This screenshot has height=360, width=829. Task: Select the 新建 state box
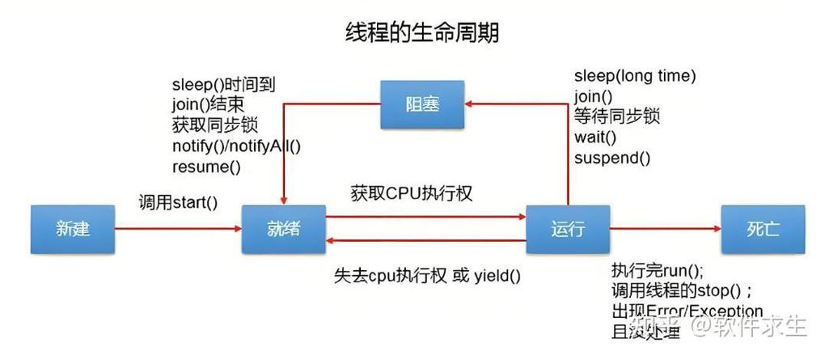tap(73, 229)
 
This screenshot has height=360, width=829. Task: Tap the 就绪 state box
tap(283, 229)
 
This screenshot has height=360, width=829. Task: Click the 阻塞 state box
tap(423, 104)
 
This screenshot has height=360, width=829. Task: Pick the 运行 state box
tap(567, 229)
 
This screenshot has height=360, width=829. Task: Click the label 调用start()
tap(178, 203)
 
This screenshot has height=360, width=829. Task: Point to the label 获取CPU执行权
tap(412, 194)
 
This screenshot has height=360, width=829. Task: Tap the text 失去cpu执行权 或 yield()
tap(427, 275)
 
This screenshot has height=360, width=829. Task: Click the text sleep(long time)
tap(635, 76)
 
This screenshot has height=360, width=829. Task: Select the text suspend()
tap(612, 158)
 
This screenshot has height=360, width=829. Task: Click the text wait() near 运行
tap(595, 137)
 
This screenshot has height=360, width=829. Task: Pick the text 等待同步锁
tap(617, 116)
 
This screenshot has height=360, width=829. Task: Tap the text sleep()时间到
tap(222, 85)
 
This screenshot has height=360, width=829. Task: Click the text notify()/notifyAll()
tap(236, 146)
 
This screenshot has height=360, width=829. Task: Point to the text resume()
tap(206, 167)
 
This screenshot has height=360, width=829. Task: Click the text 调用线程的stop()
tap(682, 291)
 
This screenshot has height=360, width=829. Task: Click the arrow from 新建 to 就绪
tap(178, 229)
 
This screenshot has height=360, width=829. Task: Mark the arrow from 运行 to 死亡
tap(665, 229)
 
